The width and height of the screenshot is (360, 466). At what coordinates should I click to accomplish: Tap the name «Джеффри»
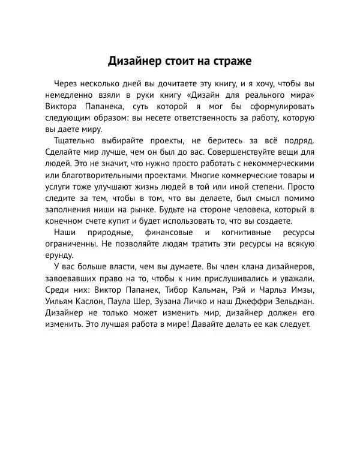pos(247,302)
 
